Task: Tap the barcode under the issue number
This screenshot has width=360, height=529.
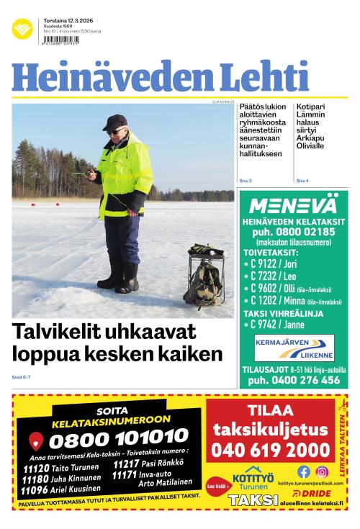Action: point(61,42)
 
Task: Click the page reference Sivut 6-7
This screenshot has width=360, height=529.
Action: point(22,376)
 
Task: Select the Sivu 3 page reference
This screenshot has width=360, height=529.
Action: point(245,180)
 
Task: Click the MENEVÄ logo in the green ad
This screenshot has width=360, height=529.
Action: point(292,204)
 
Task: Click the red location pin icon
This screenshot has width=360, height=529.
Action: point(36,440)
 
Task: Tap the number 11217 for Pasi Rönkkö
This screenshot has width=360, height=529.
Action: point(125,463)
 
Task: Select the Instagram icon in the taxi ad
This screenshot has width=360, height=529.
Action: point(322,472)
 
